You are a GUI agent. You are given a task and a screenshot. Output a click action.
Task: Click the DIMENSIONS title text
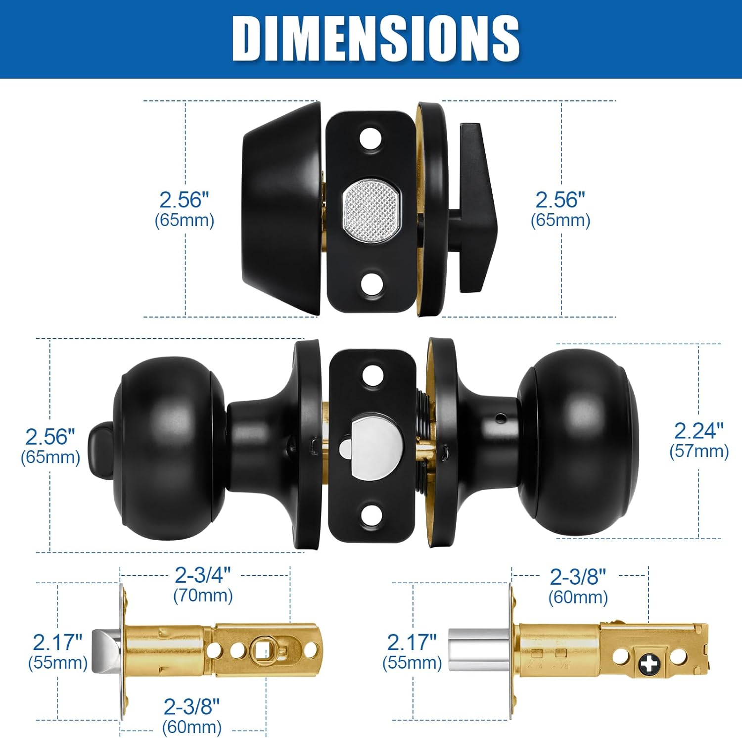[375, 38]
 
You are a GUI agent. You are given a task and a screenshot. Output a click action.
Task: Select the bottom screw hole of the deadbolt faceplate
[372, 285]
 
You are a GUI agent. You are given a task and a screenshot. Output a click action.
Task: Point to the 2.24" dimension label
[698, 431]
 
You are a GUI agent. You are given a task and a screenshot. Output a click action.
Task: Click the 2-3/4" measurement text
[203, 575]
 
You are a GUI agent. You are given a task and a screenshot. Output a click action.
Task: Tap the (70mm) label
[203, 595]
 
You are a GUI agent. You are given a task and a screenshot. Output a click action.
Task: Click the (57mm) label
[698, 452]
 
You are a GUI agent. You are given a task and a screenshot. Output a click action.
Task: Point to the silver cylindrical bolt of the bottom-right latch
[477, 649]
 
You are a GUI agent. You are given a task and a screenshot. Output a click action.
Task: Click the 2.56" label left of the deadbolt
[184, 200]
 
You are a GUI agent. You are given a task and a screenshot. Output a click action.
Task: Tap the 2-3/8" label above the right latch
[577, 577]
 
